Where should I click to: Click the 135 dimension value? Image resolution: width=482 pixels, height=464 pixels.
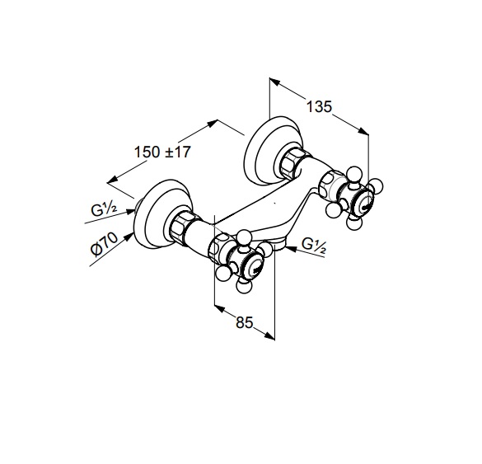tap(320, 106)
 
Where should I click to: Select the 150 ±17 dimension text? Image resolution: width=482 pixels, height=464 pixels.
tap(162, 152)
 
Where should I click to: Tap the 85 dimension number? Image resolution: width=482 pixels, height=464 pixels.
tap(245, 322)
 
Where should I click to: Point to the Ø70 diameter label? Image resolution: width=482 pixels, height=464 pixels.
tap(105, 244)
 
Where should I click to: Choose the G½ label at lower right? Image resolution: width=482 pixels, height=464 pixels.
tap(314, 246)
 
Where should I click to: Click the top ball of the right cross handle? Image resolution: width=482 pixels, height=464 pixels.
tap(353, 175)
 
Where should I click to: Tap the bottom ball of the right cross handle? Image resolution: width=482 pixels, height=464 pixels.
tap(353, 223)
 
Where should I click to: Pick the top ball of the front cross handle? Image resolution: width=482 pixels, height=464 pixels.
tap(245, 237)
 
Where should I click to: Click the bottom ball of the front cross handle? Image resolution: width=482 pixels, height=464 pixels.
tap(244, 286)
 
